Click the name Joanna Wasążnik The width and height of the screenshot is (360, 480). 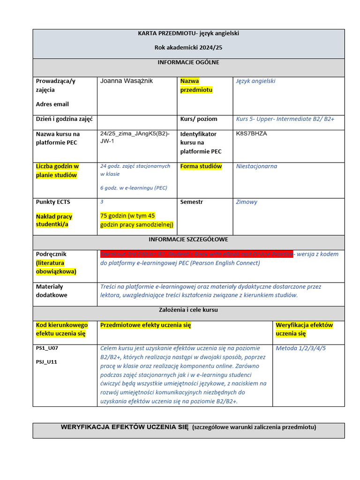coord(126,81)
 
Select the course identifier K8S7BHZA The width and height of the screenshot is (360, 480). coord(252,134)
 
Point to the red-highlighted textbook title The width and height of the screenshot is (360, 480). coord(197,254)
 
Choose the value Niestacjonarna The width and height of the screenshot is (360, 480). coord(256,166)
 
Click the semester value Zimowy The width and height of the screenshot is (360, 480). coord(247,202)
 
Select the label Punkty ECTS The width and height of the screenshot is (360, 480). coord(53,202)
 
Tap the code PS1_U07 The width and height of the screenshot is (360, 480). coord(47,348)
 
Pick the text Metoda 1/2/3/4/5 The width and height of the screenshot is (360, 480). coord(300,348)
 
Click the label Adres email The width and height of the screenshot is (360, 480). coord(52,104)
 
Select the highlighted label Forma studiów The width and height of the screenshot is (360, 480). coord(201,166)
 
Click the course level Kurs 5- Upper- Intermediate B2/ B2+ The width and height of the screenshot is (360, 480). coord(285,119)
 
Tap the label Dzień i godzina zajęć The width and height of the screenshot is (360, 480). coord(64,119)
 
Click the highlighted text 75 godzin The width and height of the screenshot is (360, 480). coord(127,216)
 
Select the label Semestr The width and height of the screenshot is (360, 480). coord(192,202)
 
